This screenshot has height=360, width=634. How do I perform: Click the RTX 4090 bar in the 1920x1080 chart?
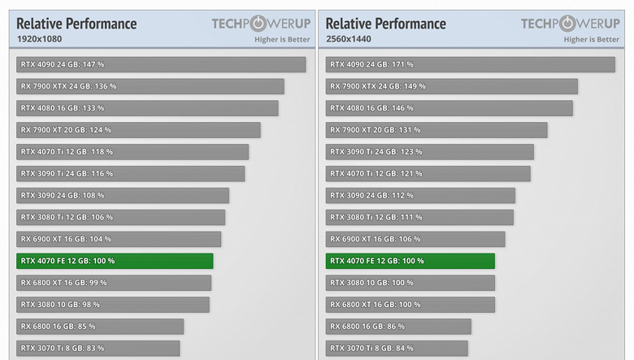[161, 64]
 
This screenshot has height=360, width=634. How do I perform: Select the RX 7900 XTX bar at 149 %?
[452, 86]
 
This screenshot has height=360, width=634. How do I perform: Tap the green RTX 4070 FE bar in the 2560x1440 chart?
[410, 261]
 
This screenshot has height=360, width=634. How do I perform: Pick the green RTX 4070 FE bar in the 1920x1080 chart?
[115, 261]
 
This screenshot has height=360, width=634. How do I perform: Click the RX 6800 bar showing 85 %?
[100, 327]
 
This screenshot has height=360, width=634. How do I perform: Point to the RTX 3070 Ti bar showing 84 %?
[397, 349]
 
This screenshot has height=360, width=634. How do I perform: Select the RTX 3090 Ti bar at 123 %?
[430, 152]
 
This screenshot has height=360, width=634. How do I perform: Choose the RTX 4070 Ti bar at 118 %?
[132, 152]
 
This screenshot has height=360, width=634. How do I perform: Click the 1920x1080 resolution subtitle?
[39, 39]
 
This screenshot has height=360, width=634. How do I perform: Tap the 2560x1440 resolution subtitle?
[349, 39]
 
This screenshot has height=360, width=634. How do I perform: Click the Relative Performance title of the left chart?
[76, 24]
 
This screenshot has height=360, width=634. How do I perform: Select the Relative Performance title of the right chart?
[386, 24]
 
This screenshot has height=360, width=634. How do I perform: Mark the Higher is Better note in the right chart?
[591, 39]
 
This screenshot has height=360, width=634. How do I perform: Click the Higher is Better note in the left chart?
[282, 39]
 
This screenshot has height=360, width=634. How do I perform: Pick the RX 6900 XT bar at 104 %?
[119, 239]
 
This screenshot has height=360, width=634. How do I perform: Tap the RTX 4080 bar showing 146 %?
[449, 108]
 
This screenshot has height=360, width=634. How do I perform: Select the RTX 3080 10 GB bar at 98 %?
[113, 305]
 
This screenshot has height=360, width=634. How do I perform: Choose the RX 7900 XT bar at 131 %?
[436, 130]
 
